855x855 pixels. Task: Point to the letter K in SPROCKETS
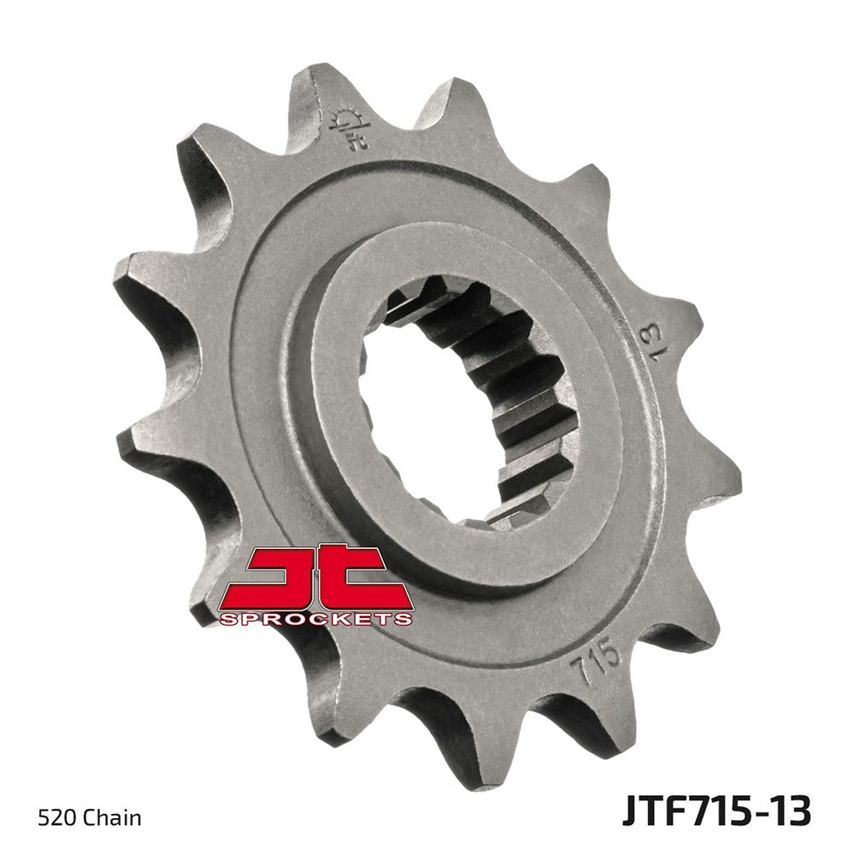click(345, 617)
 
